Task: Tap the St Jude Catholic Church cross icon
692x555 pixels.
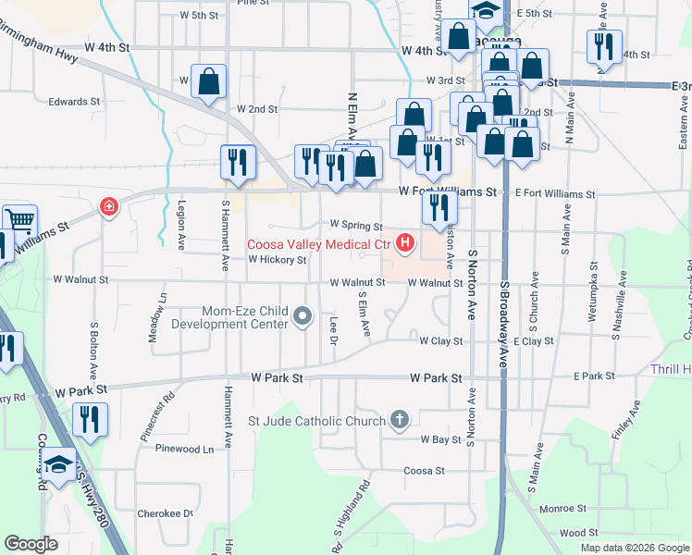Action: click(400, 421)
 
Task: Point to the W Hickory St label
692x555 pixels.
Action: click(277, 260)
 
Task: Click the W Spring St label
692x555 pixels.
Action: click(356, 225)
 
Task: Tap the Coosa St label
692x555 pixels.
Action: click(425, 470)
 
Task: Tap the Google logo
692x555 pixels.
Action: click(31, 544)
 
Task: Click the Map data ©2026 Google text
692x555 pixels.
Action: click(635, 548)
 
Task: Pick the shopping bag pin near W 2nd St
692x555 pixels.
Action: click(208, 80)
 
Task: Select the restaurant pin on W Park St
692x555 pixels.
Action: click(90, 419)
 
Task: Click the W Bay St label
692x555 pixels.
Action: click(440, 439)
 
